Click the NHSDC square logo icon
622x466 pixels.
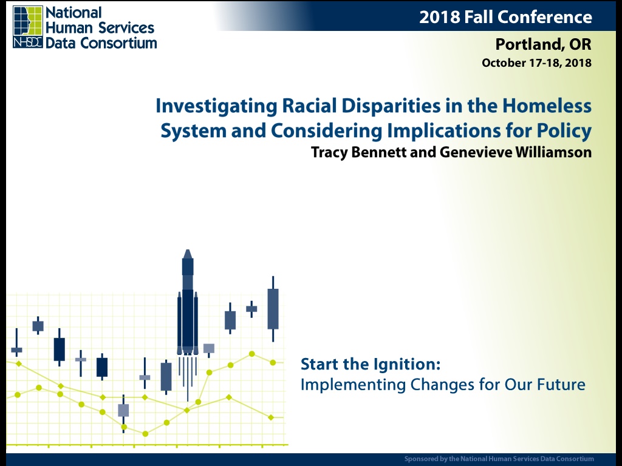[x=27, y=27]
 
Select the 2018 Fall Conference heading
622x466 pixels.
[x=505, y=17]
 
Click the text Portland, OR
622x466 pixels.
[x=543, y=44]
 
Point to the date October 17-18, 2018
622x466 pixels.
[x=536, y=63]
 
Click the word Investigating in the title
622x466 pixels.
[x=216, y=106]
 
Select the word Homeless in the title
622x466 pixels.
[x=547, y=106]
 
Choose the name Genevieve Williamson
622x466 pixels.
[x=516, y=152]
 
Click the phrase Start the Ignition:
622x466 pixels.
[x=371, y=364]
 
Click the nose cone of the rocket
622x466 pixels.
[x=188, y=254]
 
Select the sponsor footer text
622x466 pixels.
[x=499, y=459]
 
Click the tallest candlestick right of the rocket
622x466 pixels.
[x=273, y=309]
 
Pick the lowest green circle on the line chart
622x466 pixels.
[x=145, y=434]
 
